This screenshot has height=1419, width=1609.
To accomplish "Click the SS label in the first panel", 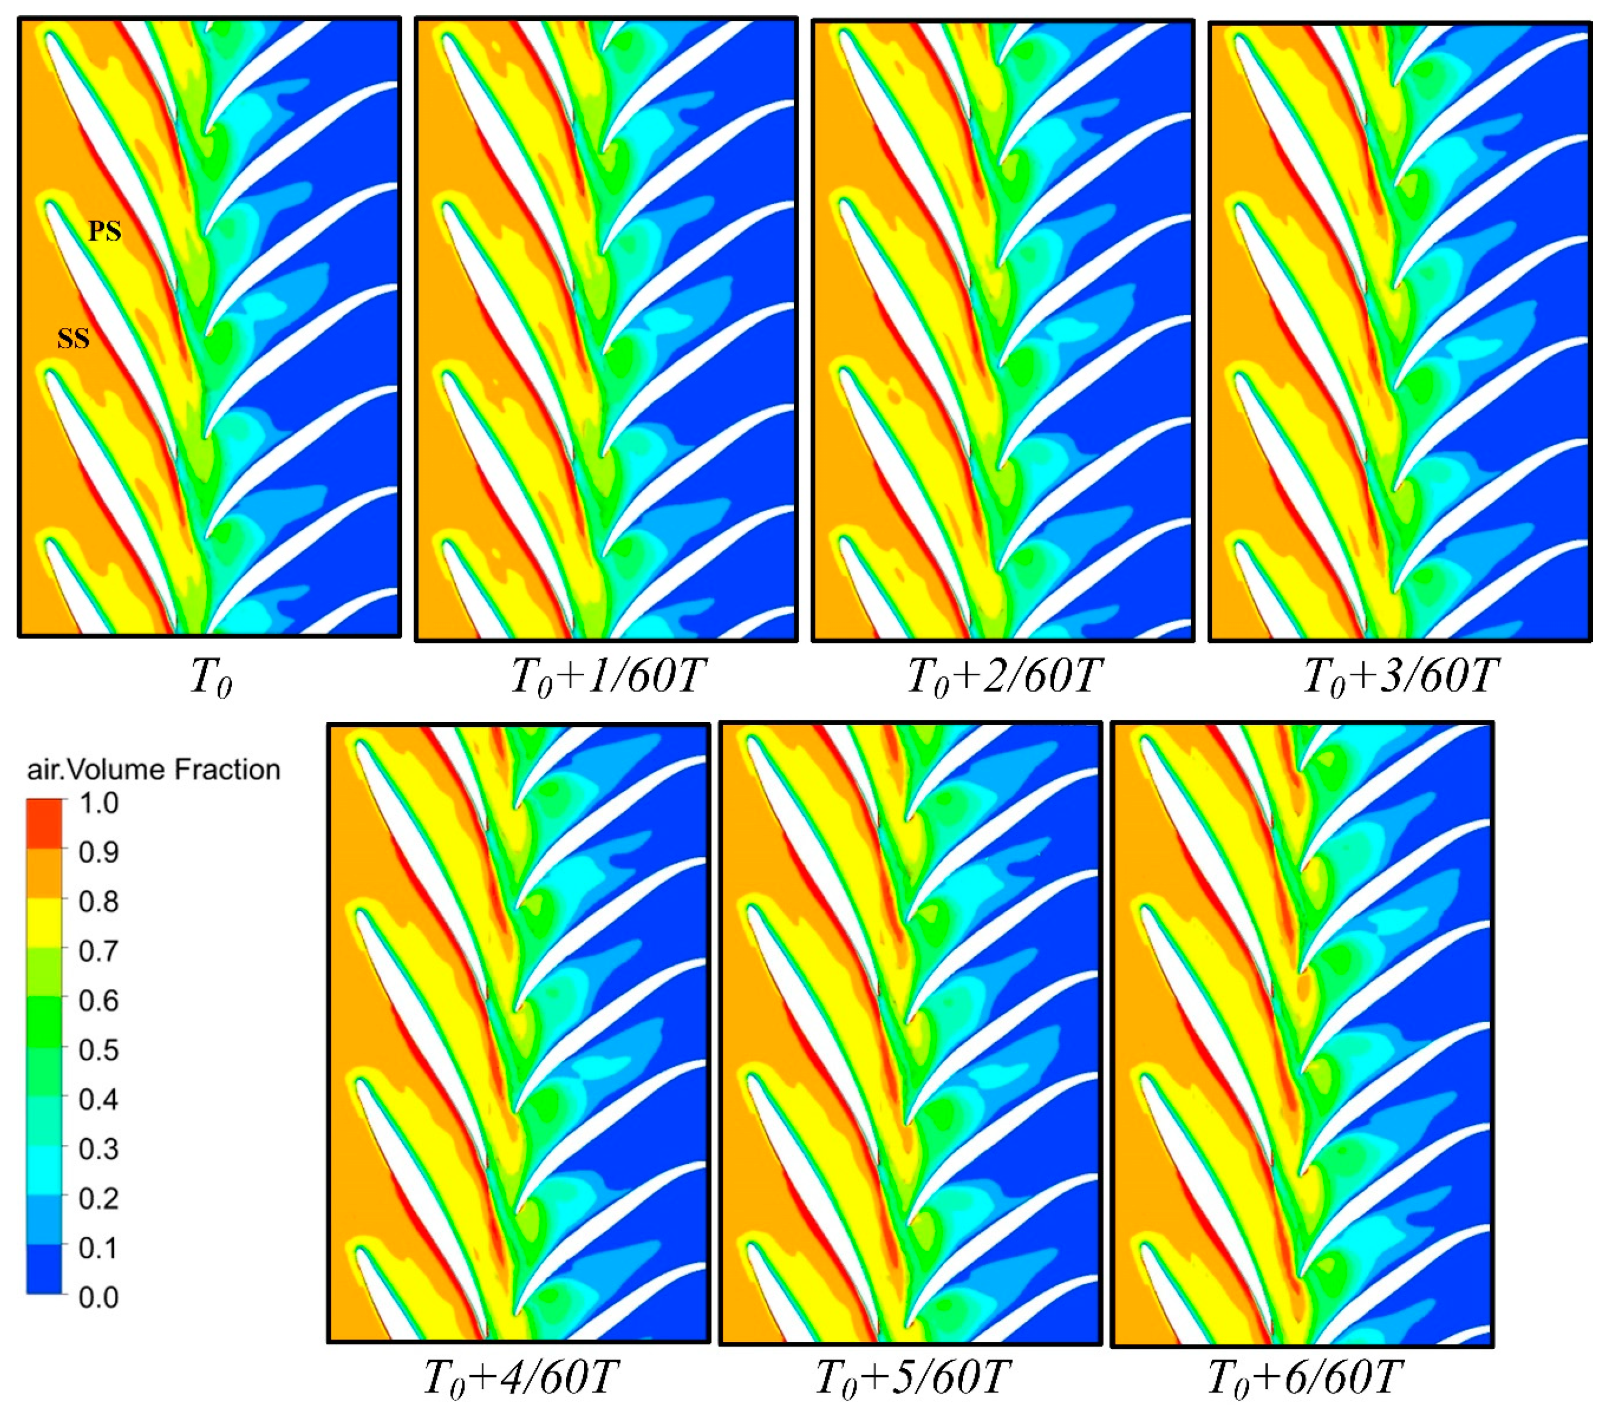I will click(73, 339).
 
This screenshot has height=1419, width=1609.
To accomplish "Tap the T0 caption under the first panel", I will click(211, 677).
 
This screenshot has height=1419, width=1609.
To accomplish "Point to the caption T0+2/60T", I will click(1003, 675).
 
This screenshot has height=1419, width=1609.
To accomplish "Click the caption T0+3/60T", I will click(1400, 675).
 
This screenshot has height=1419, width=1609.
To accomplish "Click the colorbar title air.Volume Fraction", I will click(154, 770).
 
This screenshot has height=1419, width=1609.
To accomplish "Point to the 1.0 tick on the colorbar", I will click(98, 804).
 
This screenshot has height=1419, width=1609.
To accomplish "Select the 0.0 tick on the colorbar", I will click(98, 1297).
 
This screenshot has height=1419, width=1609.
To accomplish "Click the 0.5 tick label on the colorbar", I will click(98, 1050).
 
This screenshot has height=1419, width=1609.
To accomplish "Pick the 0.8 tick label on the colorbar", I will click(98, 902).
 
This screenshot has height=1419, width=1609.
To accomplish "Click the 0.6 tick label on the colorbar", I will click(98, 1001).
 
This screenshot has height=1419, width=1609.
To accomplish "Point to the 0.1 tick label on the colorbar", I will click(98, 1248).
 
